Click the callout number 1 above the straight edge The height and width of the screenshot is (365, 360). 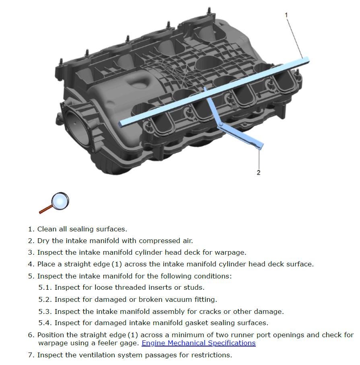point(286,15)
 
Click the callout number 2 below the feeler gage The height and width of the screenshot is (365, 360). point(258,172)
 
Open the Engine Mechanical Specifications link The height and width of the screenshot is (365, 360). point(198,343)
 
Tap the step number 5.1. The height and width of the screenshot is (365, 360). point(45,287)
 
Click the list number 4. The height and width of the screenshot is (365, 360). point(31,264)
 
